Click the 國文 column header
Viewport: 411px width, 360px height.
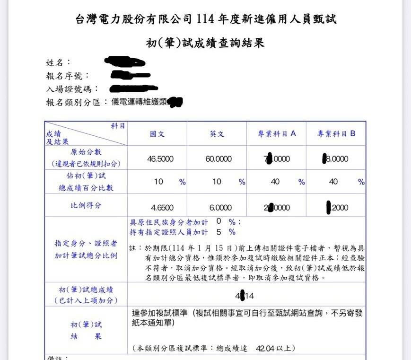pyautogui.click(x=157, y=134)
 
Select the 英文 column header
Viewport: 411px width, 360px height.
pyautogui.click(x=217, y=134)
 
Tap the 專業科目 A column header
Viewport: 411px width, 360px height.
pyautogui.click(x=276, y=134)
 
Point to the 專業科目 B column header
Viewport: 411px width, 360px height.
pyautogui.click(x=336, y=134)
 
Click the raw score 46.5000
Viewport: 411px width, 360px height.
pyautogui.click(x=160, y=159)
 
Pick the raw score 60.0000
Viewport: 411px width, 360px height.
pyautogui.click(x=218, y=159)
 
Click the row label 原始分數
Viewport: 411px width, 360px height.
pyautogui.click(x=86, y=152)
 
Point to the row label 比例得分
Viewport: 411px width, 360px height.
pyautogui.click(x=86, y=206)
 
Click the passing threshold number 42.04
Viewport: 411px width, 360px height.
pyautogui.click(x=265, y=348)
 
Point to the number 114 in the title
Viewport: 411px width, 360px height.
pyautogui.click(x=205, y=19)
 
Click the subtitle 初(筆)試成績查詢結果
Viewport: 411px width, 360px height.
pyautogui.click(x=205, y=43)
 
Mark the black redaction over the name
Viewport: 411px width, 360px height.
pyautogui.click(x=124, y=61)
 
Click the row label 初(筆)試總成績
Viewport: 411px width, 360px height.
pyautogui.click(x=86, y=290)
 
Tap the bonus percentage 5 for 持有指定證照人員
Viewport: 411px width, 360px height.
pyautogui.click(x=219, y=232)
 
